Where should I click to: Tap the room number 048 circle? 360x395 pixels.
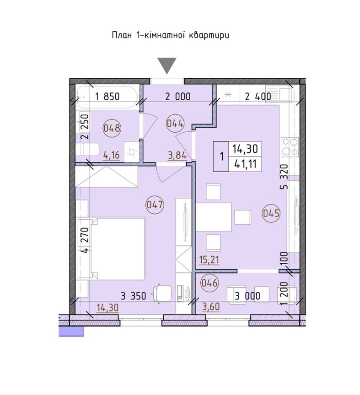pyautogui.click(x=112, y=128)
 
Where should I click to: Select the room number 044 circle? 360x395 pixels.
pyautogui.click(x=175, y=124)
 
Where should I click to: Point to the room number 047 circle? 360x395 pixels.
pyautogui.click(x=155, y=205)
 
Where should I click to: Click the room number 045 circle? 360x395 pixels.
pyautogui.click(x=271, y=213)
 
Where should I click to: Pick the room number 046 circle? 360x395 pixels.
pyautogui.click(x=210, y=283)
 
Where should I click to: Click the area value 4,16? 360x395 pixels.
pyautogui.click(x=111, y=155)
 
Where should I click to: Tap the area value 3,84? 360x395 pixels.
pyautogui.click(x=177, y=156)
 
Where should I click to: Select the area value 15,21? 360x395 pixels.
pyautogui.click(x=209, y=260)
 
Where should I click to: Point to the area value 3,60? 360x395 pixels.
pyautogui.click(x=211, y=307)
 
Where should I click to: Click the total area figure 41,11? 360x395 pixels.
pyautogui.click(x=245, y=164)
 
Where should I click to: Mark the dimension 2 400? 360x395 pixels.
pyautogui.click(x=258, y=97)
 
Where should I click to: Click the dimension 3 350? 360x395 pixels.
pyautogui.click(x=134, y=296)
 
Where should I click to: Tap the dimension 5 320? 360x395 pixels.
pyautogui.click(x=284, y=177)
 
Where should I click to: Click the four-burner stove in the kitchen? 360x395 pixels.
pyautogui.click(x=290, y=146)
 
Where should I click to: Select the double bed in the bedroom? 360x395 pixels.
pyautogui.click(x=118, y=249)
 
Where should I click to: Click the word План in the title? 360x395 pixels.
pyautogui.click(x=122, y=35)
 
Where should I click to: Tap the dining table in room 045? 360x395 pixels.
pyautogui.click(x=214, y=217)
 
